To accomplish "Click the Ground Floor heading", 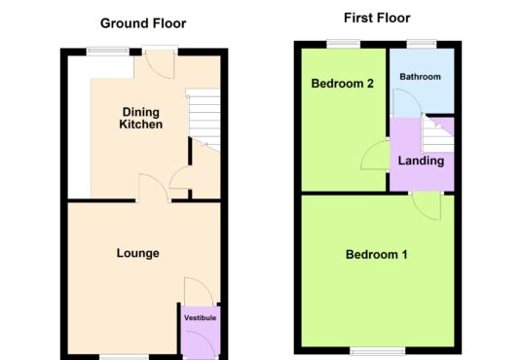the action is click(143, 23).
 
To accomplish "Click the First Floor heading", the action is click(377, 18).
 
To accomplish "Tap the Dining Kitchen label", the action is click(141, 118).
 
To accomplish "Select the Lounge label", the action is click(138, 253).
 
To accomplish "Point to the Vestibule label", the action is click(200, 318).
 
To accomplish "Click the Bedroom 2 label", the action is click(342, 83).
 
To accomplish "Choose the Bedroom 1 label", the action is click(377, 255).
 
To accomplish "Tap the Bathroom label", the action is click(420, 77).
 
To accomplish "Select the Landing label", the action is click(421, 161).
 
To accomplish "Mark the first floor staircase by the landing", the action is click(437, 133).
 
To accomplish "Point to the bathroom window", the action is click(422, 44).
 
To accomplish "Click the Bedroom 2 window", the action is click(344, 44).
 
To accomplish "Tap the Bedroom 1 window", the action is click(378, 350).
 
